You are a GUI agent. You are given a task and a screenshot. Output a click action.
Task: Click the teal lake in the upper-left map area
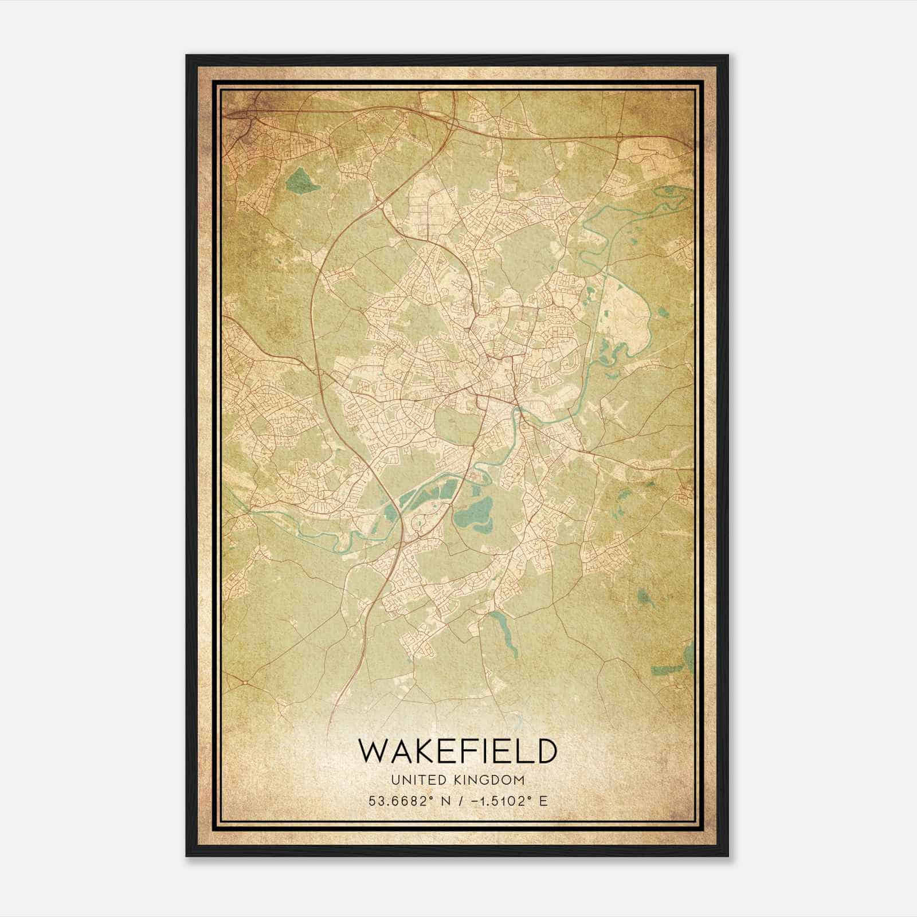pyautogui.click(x=301, y=181)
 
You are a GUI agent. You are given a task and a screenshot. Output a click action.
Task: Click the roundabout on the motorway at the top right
pyautogui.click(x=620, y=136)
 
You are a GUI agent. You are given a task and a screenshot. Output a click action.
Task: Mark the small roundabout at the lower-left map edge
pyautogui.click(x=245, y=681)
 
